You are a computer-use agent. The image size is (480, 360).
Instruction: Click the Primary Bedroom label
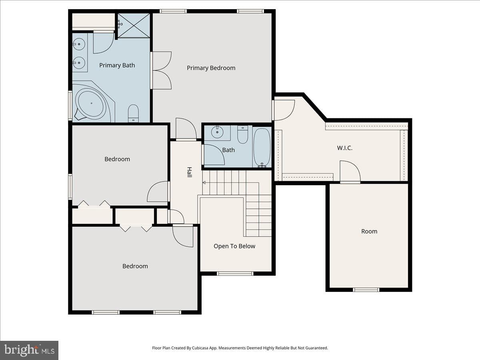211,68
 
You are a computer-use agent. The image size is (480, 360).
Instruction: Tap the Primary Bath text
117,65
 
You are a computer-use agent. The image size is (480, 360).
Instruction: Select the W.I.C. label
345,148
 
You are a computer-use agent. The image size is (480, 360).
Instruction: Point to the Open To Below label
234,246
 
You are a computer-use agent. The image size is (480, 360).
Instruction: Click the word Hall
189,172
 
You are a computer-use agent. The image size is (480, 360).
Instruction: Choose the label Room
369,231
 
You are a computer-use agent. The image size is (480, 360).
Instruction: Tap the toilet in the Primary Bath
133,113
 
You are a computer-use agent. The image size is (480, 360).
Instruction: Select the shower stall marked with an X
134,25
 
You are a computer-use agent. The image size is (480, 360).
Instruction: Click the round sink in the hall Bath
217,132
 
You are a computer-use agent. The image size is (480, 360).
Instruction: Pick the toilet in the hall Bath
242,134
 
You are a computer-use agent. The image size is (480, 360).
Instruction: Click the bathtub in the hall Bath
262,148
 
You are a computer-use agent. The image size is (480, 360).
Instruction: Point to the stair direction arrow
205,182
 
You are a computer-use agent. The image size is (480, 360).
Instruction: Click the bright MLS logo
29,350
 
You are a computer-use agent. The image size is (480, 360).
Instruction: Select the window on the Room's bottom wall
366,290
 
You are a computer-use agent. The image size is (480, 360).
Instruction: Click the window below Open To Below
235,274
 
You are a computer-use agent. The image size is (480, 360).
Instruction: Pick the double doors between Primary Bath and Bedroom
161,70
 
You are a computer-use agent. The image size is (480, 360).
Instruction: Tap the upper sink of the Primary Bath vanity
79,44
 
